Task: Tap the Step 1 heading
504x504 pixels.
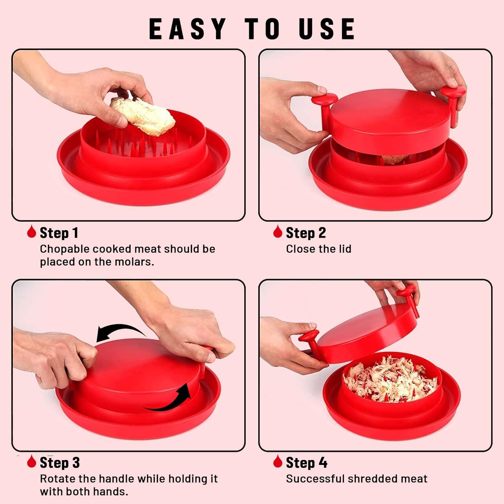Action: [x=59, y=233]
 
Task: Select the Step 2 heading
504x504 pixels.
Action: [x=306, y=233]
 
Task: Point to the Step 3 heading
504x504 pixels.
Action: [x=60, y=463]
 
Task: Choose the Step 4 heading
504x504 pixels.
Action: [x=306, y=463]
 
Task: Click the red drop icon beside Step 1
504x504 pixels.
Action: [x=32, y=232]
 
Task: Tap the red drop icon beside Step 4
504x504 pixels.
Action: [x=278, y=461]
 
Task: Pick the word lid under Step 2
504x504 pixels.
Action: [x=344, y=249]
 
